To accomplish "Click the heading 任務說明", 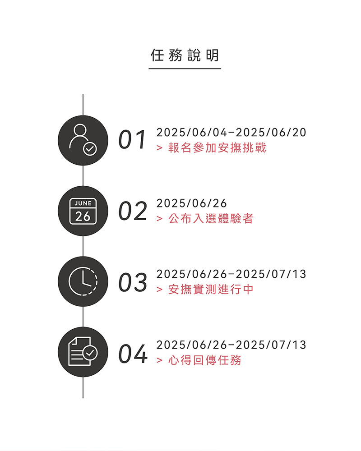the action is pos(185,55).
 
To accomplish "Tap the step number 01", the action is pos(132,139).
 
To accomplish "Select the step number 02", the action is pos(133,211).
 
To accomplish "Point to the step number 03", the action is pos(133,282).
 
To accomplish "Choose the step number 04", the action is pos(133,353).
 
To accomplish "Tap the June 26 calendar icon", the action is pos(83,211).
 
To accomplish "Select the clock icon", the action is pos(83,281).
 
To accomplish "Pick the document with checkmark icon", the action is pos(83,352).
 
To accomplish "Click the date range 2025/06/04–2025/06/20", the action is pos(231,132).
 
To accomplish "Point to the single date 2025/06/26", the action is pos(191,203).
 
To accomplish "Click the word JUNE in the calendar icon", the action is pos(83,203).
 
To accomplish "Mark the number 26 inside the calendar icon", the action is pos(83,216).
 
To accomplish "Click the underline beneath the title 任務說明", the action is pos(185,69).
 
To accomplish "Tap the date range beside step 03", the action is pos(231,274).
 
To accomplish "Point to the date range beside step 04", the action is pos(231,345).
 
